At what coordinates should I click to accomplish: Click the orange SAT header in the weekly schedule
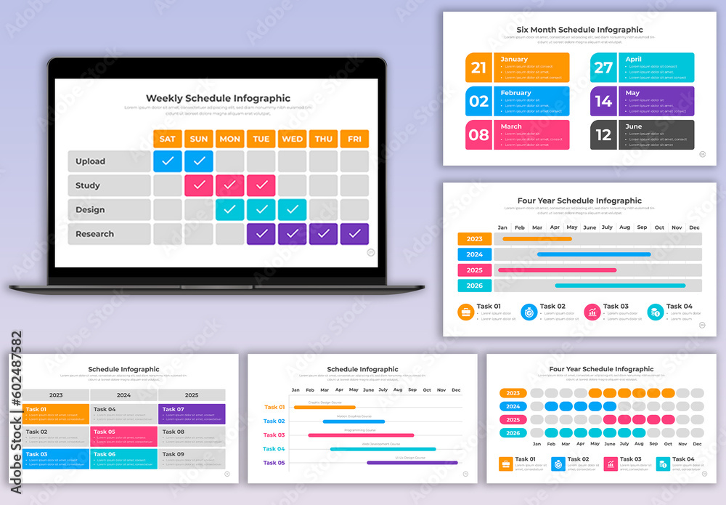coord(167,139)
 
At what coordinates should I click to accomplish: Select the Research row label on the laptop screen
coord(95,234)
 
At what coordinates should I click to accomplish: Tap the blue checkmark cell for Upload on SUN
coord(199,161)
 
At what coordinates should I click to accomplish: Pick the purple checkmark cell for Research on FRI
coord(354,234)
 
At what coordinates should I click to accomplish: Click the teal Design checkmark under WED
coord(292,210)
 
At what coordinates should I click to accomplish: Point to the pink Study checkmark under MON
coord(229,185)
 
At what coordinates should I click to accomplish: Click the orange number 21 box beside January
coord(478,68)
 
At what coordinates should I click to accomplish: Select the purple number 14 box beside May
coord(603,102)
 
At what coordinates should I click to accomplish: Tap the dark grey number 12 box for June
coord(603,135)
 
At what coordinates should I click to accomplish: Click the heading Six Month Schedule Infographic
coord(579,30)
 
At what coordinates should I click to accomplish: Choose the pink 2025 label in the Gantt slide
coord(475,270)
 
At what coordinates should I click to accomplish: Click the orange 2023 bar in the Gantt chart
coord(537,238)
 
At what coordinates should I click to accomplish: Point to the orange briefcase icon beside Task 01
coord(465,312)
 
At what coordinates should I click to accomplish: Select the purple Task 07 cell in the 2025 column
coord(192,414)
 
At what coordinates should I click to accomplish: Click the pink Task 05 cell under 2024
coord(123,436)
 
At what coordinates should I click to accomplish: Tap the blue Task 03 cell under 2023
coord(56,458)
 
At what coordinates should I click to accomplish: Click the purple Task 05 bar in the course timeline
coord(412,462)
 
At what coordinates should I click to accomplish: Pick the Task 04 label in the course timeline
coord(274,449)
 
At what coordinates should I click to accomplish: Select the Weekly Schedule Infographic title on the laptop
coord(218,98)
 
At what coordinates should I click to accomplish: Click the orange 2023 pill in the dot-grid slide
coord(513,393)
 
